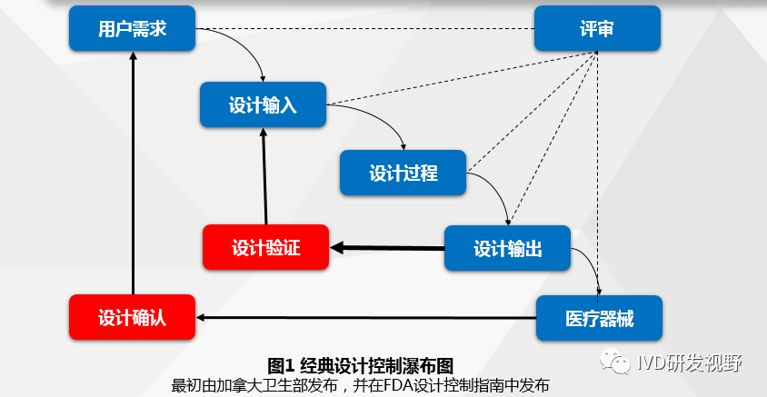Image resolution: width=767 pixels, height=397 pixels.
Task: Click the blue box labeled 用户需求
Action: pos(133,29)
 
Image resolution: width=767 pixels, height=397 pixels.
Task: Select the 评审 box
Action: pos(596,29)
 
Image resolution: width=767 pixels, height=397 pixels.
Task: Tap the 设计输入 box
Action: pos(263,104)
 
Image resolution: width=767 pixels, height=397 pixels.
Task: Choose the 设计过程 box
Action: pos(403,173)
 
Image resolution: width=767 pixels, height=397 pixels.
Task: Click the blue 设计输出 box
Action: pos(507,248)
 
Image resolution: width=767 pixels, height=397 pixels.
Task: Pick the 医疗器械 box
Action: pos(599,318)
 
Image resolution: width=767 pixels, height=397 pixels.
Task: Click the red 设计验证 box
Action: pos(265,247)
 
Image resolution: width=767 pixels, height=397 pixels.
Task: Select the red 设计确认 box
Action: pos(133,318)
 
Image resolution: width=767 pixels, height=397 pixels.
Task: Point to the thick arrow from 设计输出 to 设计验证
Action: pos(386,247)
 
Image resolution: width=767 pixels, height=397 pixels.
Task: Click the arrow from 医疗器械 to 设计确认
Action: pos(364,317)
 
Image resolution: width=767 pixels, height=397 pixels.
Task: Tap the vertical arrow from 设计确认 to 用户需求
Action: pos(133,173)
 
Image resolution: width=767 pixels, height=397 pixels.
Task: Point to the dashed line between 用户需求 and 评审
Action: pos(364,29)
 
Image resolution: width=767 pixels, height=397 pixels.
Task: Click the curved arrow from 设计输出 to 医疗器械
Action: pos(589,263)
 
